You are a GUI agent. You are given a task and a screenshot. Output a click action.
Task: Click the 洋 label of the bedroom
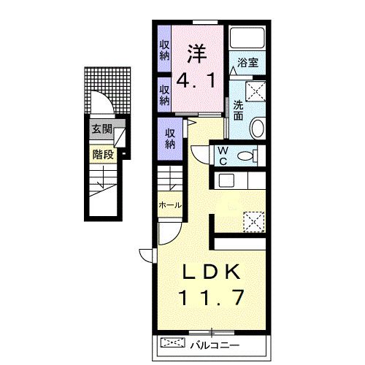[197, 54]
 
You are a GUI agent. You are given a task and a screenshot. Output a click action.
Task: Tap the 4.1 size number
[196, 81]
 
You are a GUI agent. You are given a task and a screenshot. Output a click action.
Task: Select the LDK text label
[211, 272]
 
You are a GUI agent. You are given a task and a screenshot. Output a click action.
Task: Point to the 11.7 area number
[211, 297]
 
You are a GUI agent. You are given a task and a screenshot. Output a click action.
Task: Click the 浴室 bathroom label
[247, 63]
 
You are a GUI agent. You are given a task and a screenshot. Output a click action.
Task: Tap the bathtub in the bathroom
[247, 38]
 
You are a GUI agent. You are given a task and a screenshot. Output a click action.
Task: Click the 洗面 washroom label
[238, 110]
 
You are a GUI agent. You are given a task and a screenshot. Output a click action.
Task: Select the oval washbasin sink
[258, 128]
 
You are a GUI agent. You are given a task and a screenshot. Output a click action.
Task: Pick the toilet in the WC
[247, 155]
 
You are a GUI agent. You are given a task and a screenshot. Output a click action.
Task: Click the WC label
[223, 155]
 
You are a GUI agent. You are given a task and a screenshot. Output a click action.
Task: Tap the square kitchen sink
[226, 180]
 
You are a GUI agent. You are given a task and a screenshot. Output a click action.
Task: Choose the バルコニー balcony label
[215, 345]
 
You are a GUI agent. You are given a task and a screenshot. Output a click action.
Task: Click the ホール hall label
[170, 205]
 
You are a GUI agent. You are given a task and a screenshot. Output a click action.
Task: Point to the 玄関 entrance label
[102, 129]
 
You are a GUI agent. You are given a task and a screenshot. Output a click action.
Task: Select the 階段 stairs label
[103, 155]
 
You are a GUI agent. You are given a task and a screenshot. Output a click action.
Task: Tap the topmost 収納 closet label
[164, 50]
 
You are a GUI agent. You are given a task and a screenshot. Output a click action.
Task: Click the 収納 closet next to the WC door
[170, 139]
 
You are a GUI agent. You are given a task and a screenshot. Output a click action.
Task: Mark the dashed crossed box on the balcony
[173, 342]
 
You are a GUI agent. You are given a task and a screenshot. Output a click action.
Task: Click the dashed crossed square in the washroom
[255, 91]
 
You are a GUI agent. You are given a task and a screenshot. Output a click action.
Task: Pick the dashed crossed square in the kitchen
[254, 222]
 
